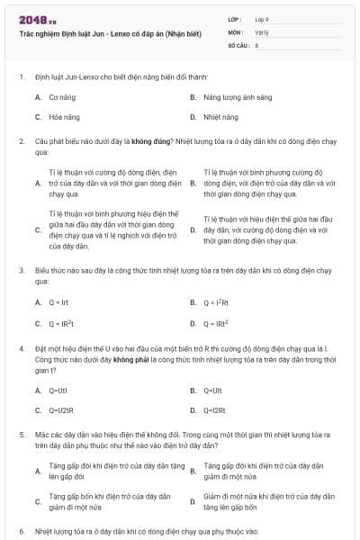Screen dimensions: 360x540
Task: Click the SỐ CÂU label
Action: tap(238, 44)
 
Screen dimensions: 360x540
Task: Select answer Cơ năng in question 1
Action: tap(62, 95)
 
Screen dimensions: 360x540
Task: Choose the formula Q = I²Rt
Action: tap(217, 301)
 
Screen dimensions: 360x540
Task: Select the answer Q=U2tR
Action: tap(60, 410)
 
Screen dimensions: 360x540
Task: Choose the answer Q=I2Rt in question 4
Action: tap(215, 410)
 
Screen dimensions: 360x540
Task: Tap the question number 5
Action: tap(21, 435)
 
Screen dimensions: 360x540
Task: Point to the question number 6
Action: tap(21, 531)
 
